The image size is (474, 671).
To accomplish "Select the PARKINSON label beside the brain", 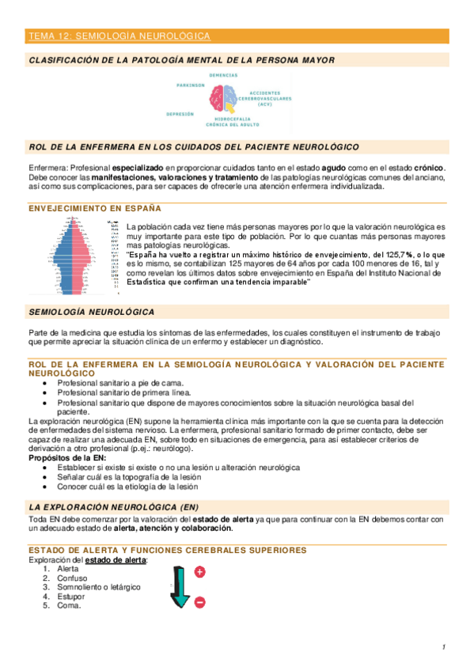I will [x=191, y=85].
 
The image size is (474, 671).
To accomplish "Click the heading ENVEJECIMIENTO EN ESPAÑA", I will [x=94, y=208].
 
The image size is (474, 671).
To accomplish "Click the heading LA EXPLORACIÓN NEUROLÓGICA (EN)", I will [x=114, y=506].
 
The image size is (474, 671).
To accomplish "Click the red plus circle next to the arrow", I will [x=199, y=571].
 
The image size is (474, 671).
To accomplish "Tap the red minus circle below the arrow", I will [x=199, y=603].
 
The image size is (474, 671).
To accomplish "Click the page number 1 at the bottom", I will [x=444, y=648].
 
